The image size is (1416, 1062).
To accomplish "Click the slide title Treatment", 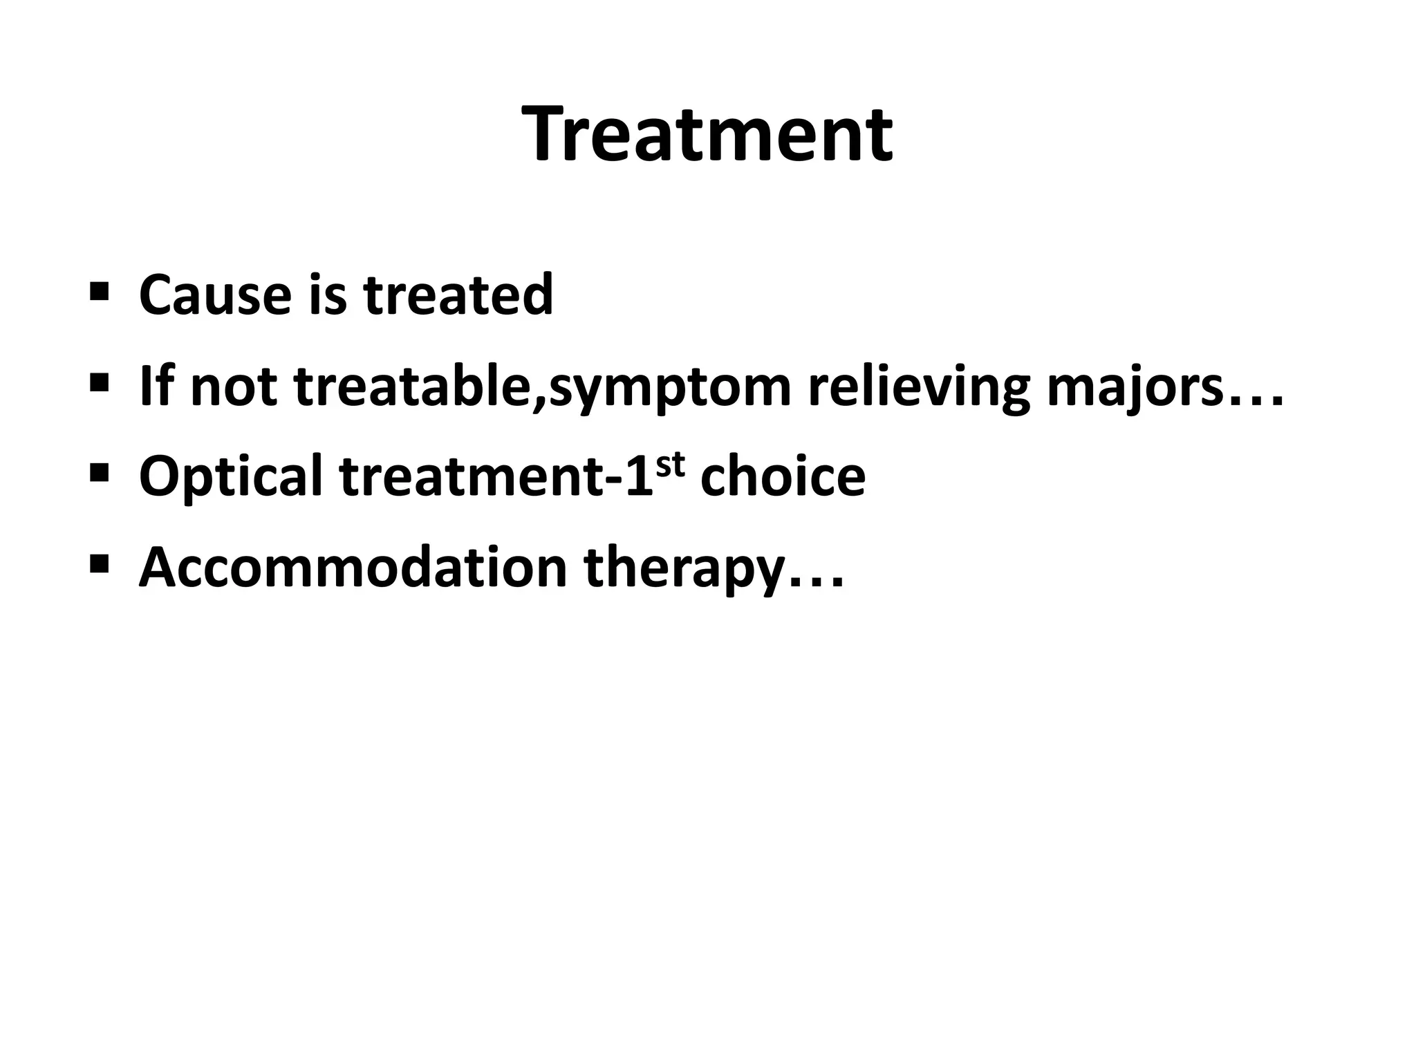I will coord(707,134).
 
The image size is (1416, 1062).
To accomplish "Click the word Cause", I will coord(215,295).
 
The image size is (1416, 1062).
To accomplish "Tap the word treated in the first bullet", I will coord(458,295).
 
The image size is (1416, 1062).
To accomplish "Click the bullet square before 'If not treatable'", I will coord(99,380).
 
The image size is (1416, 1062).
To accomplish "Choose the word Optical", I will coord(230,477).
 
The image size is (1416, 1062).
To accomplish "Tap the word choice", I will coord(783,477).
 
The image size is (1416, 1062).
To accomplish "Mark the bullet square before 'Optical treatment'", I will coord(99,471).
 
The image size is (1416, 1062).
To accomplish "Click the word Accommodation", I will coord(353,568).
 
